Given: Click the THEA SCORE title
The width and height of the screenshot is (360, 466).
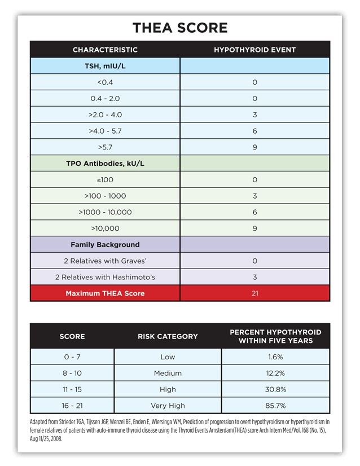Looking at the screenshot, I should point(180,28).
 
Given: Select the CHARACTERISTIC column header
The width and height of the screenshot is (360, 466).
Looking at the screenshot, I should point(105,50).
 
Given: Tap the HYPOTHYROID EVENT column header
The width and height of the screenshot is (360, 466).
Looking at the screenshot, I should point(254,50).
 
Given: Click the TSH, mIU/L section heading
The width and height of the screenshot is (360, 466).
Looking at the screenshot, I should point(105,66).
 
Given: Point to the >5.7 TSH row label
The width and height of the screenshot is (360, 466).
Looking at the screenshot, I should point(105,147).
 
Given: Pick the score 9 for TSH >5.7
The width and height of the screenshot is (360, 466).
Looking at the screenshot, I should point(255,147).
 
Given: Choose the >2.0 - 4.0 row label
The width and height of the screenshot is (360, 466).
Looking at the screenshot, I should point(105,115).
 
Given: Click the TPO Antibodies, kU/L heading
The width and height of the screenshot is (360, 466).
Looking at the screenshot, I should point(105,164).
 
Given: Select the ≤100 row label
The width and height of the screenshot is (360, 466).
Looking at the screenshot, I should point(105,180).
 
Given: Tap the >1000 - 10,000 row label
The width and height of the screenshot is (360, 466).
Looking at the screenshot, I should point(105,212).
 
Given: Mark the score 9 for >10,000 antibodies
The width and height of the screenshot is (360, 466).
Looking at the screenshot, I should point(255,228).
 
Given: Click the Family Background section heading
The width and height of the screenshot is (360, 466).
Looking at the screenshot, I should point(105,245).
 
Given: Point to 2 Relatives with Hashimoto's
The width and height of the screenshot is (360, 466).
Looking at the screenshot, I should point(105,277).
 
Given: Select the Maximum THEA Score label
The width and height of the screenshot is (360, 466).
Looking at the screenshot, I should point(105,293).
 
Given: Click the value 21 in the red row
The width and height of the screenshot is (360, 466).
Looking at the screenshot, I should point(255,293).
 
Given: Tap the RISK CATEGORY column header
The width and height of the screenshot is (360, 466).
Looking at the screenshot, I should point(168,336).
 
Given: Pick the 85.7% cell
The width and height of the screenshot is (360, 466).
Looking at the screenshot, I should point(275,405).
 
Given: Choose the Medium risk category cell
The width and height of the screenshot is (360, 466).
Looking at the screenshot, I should point(168,373).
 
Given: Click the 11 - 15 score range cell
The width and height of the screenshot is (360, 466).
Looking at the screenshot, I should point(72,389).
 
